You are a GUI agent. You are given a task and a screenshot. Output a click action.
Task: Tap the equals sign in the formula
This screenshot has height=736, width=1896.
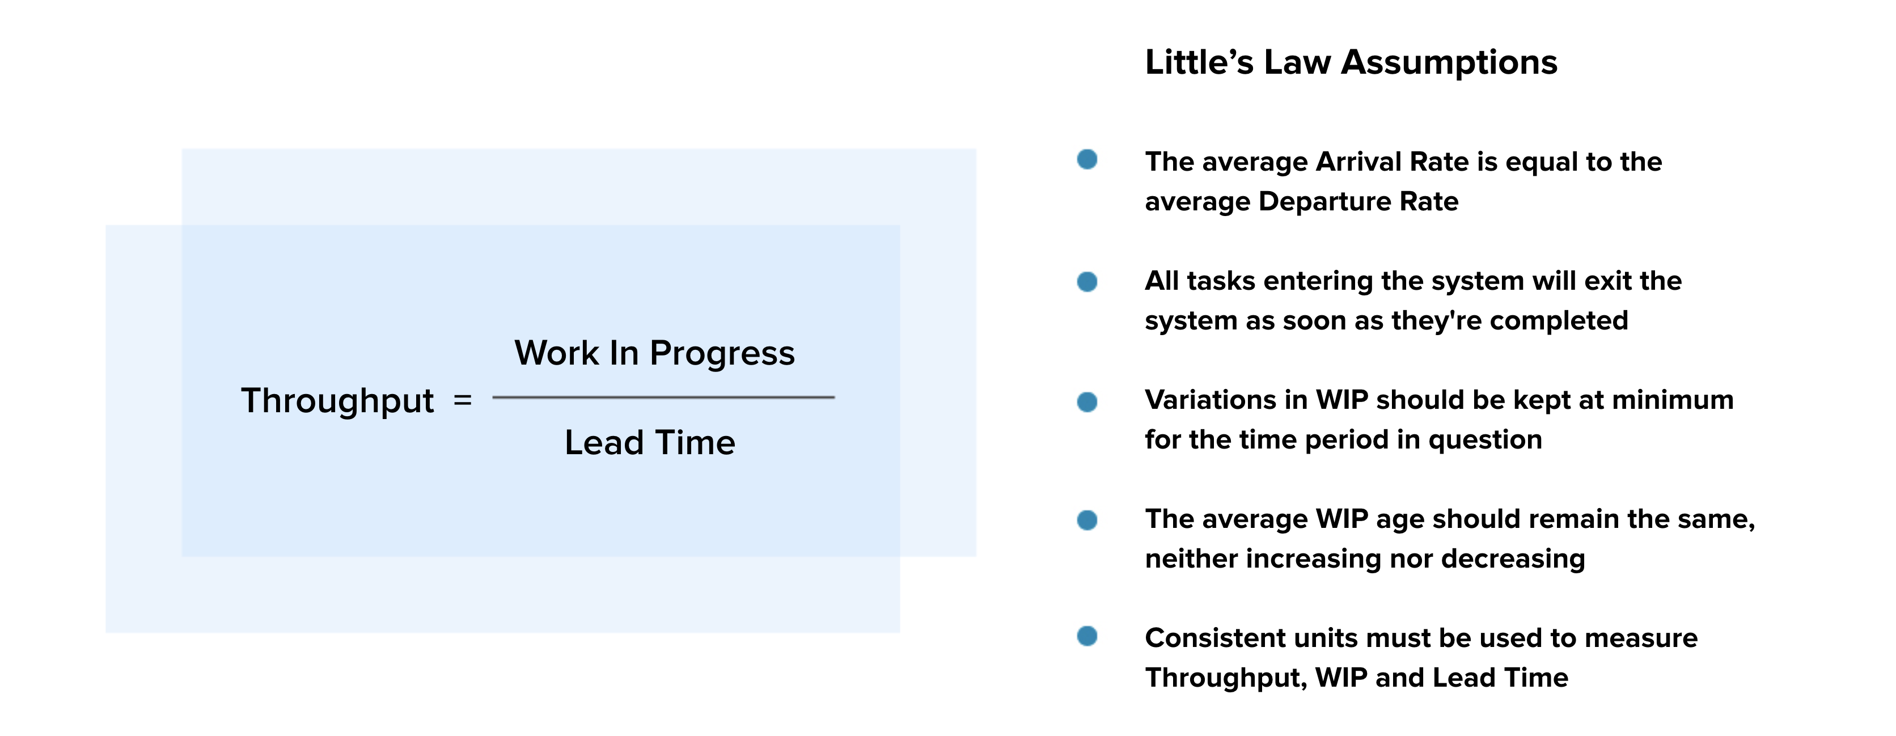462,400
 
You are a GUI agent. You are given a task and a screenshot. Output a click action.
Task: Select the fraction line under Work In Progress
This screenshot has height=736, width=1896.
663,397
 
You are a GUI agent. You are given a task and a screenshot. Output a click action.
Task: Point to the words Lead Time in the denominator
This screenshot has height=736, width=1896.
650,443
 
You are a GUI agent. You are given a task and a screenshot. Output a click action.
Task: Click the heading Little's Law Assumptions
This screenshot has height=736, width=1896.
1351,62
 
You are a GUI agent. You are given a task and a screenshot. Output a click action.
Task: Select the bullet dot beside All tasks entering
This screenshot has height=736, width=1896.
1087,282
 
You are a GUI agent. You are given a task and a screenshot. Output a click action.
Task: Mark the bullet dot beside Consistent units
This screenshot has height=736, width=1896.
1087,636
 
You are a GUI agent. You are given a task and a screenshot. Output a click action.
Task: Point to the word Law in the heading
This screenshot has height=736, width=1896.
1298,62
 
